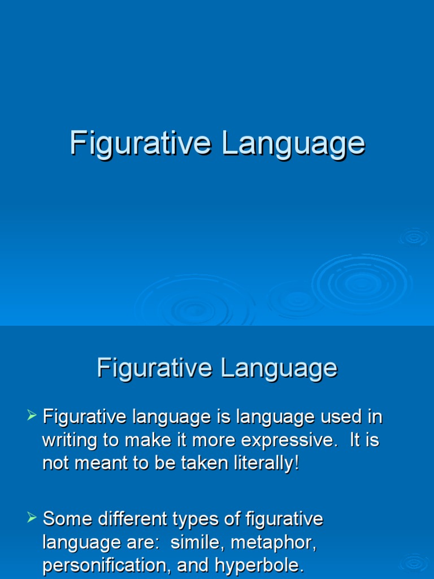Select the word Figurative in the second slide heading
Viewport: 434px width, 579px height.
(x=153, y=369)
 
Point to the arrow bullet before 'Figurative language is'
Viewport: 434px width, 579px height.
(x=32, y=417)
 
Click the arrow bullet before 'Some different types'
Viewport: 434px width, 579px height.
(x=32, y=517)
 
